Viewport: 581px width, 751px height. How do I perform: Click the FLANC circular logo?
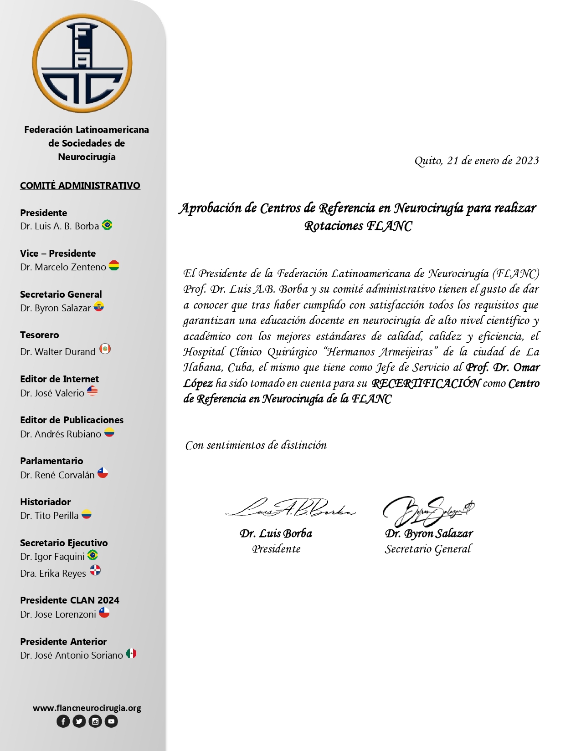[x=82, y=63]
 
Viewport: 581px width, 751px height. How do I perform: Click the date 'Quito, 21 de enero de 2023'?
[x=476, y=161]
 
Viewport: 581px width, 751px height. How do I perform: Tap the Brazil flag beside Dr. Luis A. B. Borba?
[x=107, y=225]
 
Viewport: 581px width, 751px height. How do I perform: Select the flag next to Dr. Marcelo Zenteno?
[x=114, y=266]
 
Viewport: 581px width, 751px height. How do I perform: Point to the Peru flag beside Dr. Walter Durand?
[x=105, y=349]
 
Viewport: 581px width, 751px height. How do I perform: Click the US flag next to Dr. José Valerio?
[x=92, y=391]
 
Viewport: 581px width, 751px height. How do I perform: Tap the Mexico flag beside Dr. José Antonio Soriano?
[x=131, y=654]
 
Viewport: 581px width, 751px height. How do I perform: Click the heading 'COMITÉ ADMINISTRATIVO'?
[x=80, y=185]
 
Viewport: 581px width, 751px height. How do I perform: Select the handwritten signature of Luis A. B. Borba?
[x=290, y=508]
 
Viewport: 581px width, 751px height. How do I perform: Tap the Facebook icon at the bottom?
[x=63, y=721]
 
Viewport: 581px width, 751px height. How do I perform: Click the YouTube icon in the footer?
[x=111, y=721]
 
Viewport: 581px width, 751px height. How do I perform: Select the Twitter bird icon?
[x=79, y=721]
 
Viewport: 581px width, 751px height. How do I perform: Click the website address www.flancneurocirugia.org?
[x=87, y=708]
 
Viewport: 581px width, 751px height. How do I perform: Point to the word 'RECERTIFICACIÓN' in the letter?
[x=426, y=383]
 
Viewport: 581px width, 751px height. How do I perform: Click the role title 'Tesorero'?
[x=40, y=335]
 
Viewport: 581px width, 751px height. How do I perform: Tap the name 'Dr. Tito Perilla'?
[x=49, y=515]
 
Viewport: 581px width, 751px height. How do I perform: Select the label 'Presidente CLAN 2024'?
[x=70, y=600]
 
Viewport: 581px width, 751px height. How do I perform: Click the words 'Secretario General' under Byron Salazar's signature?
[x=428, y=549]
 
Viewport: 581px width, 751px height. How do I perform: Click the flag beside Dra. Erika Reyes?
[x=95, y=570]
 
